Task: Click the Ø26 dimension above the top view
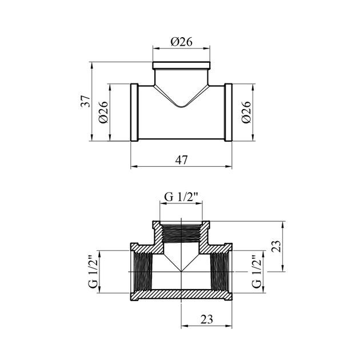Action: (181, 42)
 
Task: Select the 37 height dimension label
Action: (85, 101)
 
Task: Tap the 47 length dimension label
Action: (181, 160)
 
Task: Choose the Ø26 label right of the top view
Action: (246, 112)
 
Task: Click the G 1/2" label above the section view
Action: (181, 197)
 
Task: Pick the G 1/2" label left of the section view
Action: (93, 271)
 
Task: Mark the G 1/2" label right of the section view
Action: (257, 271)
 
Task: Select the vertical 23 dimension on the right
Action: (277, 246)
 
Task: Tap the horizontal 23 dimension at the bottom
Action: (207, 319)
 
